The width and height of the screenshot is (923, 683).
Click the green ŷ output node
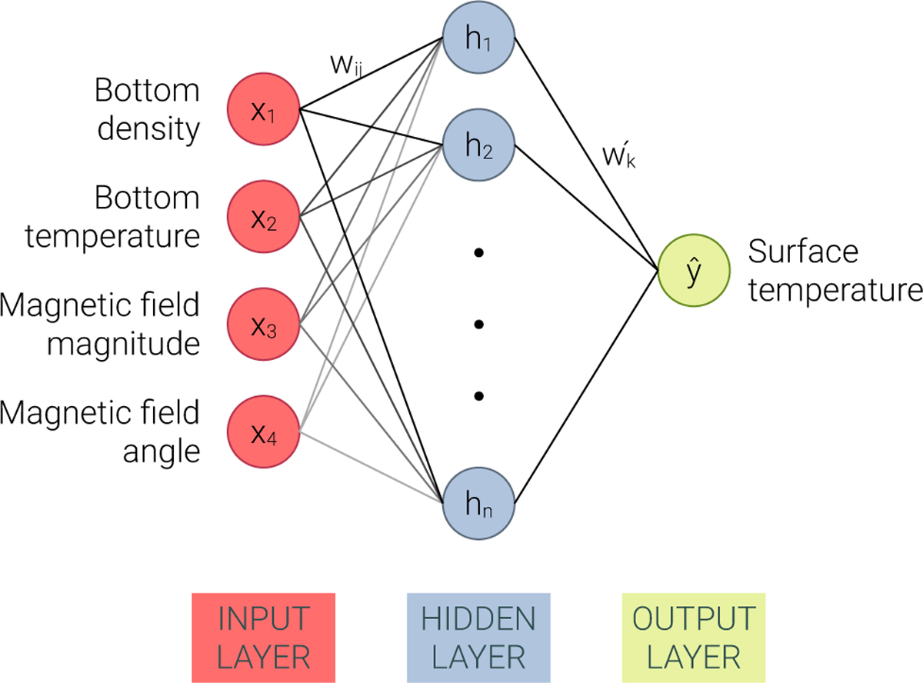694,272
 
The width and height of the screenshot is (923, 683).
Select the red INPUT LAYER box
264,637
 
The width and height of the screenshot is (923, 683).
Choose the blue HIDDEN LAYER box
478,637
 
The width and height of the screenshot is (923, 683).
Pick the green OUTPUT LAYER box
694,637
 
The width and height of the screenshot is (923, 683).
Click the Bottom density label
146,109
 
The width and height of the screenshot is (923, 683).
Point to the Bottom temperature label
112,218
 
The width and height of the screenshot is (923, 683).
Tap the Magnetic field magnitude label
100,324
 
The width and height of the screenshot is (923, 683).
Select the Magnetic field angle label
100,431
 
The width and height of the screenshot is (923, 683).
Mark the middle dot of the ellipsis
478,325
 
